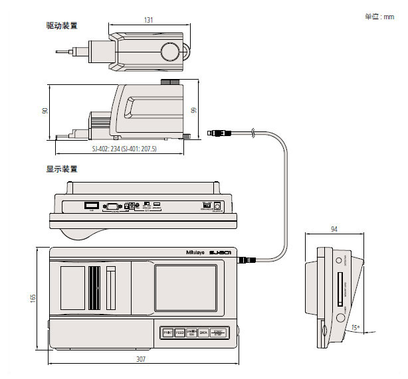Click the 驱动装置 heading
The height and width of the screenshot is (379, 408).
coord(61,26)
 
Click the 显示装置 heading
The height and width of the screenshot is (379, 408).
coord(61,169)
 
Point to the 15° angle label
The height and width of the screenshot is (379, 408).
coord(356,327)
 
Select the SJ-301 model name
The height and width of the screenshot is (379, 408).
coord(219,252)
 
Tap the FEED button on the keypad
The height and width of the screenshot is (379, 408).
coord(179,333)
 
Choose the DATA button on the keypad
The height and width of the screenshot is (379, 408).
coord(204,333)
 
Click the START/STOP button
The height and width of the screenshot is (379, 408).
coord(219,333)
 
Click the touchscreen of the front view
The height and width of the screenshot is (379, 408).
coord(186,288)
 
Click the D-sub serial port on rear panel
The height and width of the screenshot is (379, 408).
coord(112,206)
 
